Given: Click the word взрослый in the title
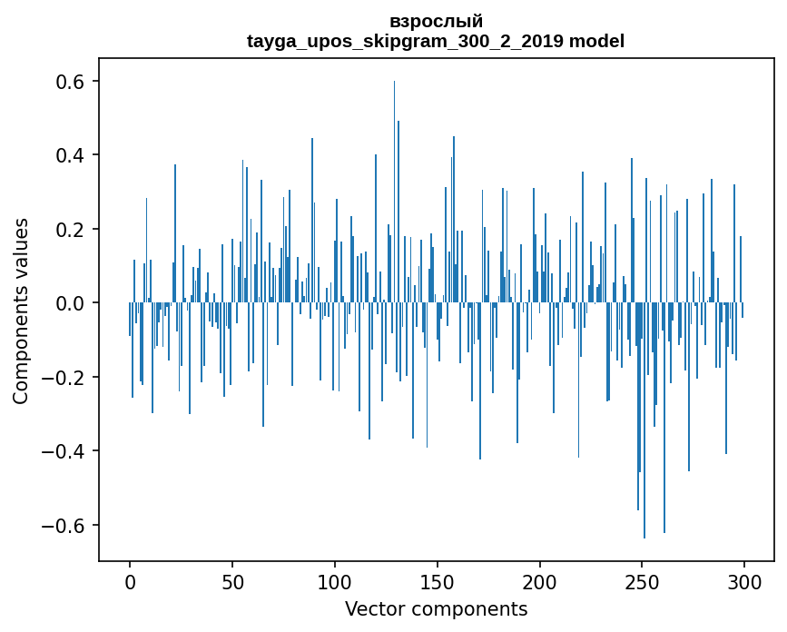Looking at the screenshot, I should point(436,21).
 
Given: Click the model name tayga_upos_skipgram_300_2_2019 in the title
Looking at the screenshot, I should point(405,41).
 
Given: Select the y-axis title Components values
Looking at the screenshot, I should point(21,311).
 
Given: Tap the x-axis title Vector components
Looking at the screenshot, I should point(436,608).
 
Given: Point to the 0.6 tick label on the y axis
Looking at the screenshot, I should point(71,82).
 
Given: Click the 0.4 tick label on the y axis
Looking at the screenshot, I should point(71,155).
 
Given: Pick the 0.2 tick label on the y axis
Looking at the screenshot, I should point(71,230).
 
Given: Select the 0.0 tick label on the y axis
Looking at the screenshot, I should point(71,303).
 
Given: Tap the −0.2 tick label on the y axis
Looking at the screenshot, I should point(64,378).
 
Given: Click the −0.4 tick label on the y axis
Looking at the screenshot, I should point(64,451).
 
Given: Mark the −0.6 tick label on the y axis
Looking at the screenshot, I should point(64,526).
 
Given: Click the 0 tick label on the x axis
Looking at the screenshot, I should point(130,581).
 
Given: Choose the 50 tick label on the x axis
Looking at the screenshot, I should point(232,581).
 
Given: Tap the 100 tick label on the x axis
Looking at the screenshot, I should point(335,581).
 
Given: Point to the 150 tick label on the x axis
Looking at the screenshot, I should point(438,581).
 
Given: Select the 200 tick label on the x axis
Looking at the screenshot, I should point(540,581).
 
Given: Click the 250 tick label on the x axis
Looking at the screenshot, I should point(643,581).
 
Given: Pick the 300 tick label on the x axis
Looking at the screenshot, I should point(745,581).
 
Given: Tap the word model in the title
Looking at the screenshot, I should point(596,41).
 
